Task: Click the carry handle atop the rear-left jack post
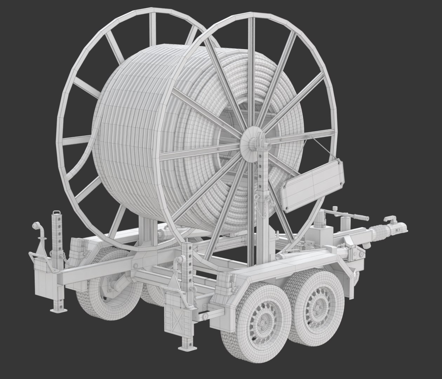(56, 213)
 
